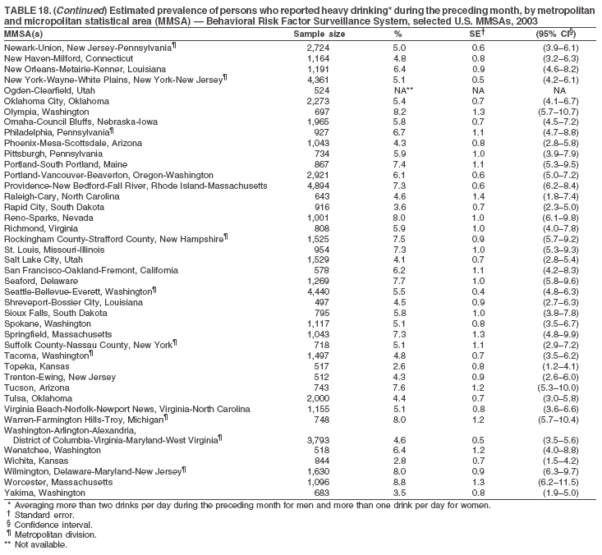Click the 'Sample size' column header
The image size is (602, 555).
coord(319,34)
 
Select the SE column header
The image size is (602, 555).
coord(477,34)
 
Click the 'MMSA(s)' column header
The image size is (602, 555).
coord(24,34)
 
